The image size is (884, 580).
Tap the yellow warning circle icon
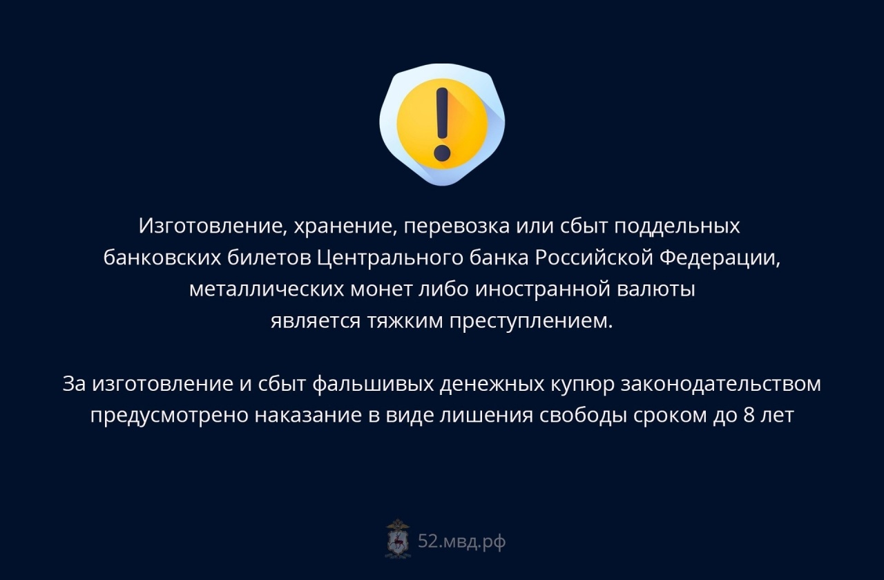point(442,124)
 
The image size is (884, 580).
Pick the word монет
point(382,289)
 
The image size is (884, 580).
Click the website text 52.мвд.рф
point(462,541)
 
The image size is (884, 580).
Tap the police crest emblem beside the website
point(398,539)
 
